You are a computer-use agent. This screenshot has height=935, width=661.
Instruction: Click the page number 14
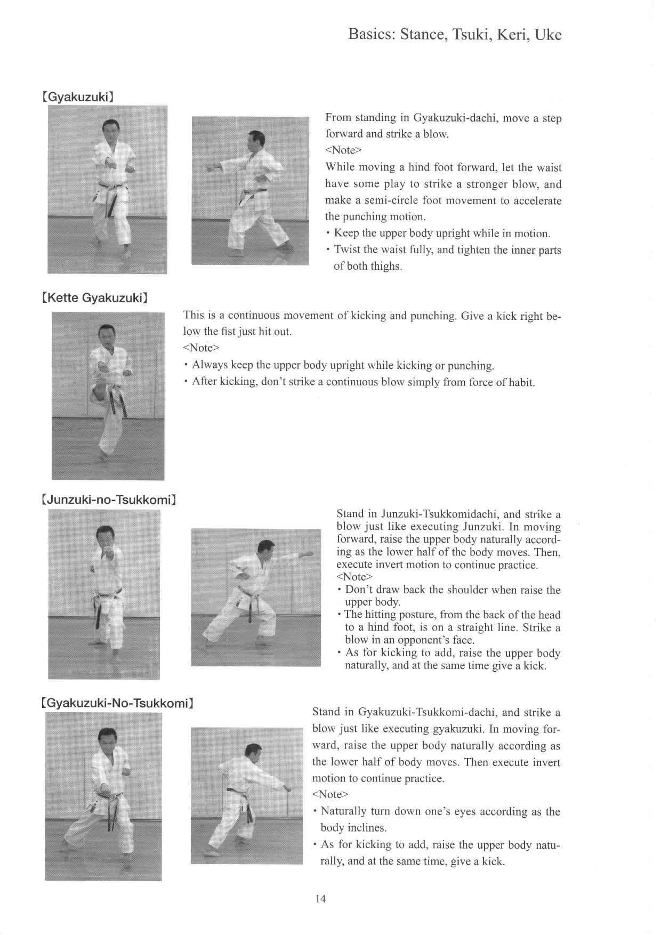tap(320, 899)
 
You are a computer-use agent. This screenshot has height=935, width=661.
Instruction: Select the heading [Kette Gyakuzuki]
tap(95, 298)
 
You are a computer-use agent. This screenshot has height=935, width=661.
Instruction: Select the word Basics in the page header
tap(370, 35)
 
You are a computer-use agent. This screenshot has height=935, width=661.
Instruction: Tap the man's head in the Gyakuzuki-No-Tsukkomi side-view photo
tap(251, 753)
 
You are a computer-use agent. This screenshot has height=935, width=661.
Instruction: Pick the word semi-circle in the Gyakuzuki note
tap(394, 200)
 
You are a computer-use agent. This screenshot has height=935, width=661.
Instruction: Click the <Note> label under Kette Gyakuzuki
tap(201, 348)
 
